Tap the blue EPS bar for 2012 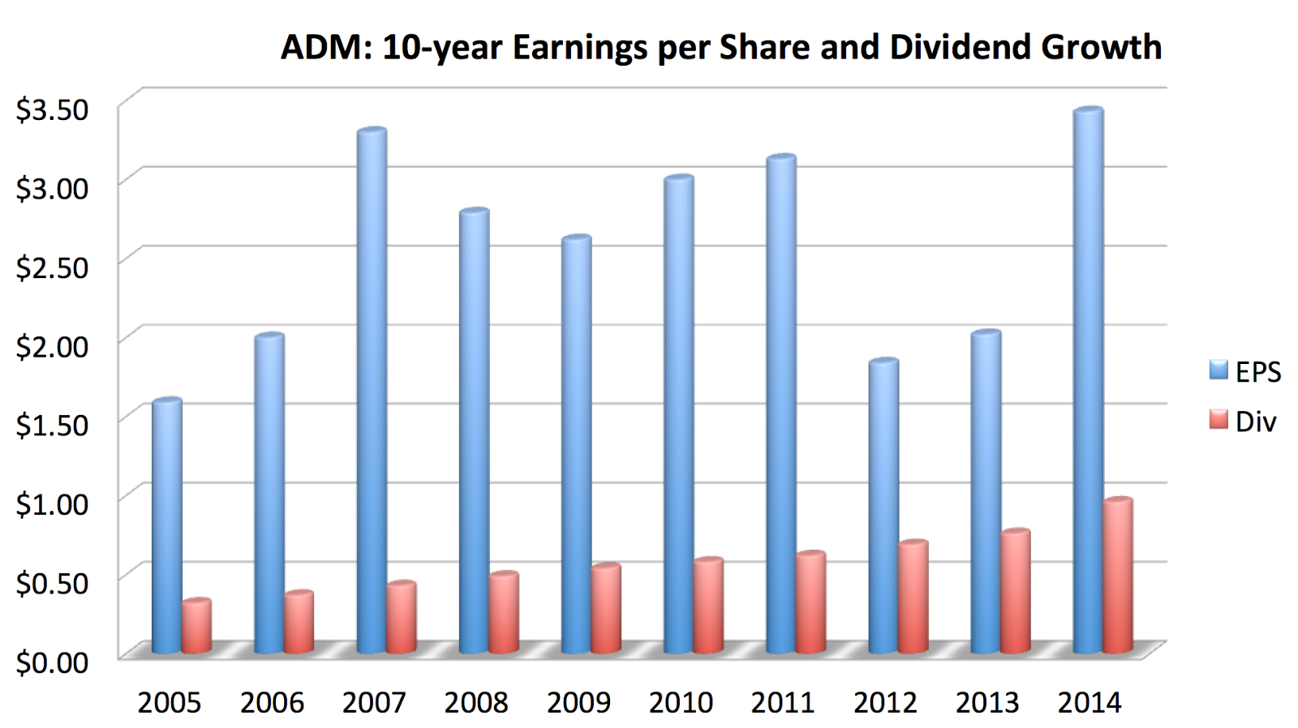click(x=883, y=507)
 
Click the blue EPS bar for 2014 click(x=1088, y=381)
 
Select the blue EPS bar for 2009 click(x=576, y=446)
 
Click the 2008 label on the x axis click(x=476, y=702)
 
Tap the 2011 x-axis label click(x=783, y=702)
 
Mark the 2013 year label click(x=987, y=702)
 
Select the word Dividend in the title click(x=961, y=47)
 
